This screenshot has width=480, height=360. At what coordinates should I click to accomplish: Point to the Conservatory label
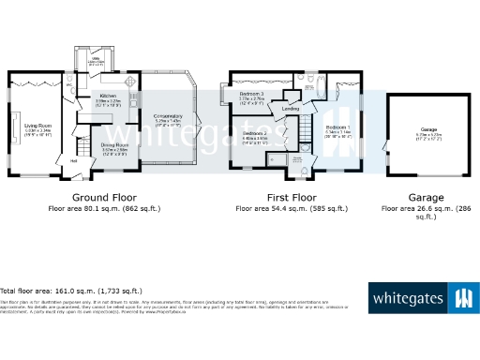169,116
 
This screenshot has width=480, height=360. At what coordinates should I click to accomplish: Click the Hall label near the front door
74,159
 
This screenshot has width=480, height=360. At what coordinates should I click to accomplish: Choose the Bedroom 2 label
256,134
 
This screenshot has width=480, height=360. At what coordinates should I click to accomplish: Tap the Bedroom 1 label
337,127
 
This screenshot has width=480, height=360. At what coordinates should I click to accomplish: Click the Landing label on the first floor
291,110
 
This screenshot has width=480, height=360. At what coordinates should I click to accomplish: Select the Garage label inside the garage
428,129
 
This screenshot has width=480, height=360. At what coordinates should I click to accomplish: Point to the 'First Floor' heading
291,198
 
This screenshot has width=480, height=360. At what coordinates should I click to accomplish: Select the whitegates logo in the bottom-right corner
421,299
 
